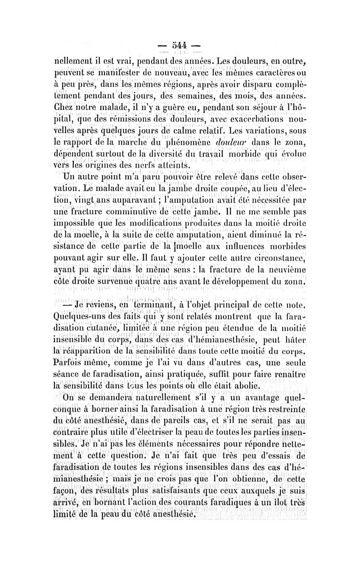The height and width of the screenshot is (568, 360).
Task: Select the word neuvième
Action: pyautogui.click(x=283, y=270)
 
